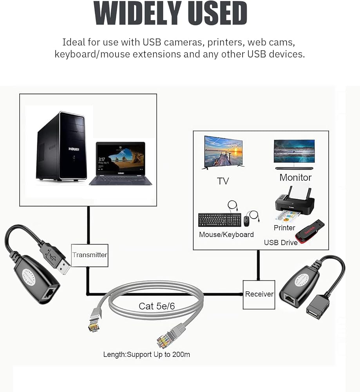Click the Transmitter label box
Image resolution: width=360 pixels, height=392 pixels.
click(90, 255)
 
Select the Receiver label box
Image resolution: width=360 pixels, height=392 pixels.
click(259, 294)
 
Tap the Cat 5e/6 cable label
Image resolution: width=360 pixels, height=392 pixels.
click(157, 306)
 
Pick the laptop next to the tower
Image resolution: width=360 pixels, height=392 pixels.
click(121, 163)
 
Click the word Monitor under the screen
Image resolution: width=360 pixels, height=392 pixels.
click(295, 178)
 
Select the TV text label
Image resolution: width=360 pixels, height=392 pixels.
click(223, 181)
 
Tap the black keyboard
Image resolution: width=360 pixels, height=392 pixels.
click(220, 220)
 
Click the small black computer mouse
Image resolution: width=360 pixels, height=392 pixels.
click(246, 221)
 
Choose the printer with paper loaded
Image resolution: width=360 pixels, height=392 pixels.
click(293, 204)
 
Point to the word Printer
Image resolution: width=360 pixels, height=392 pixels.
click(284, 228)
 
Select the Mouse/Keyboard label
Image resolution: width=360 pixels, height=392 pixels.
click(226, 234)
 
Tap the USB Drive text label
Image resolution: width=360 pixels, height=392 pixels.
click(280, 243)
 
